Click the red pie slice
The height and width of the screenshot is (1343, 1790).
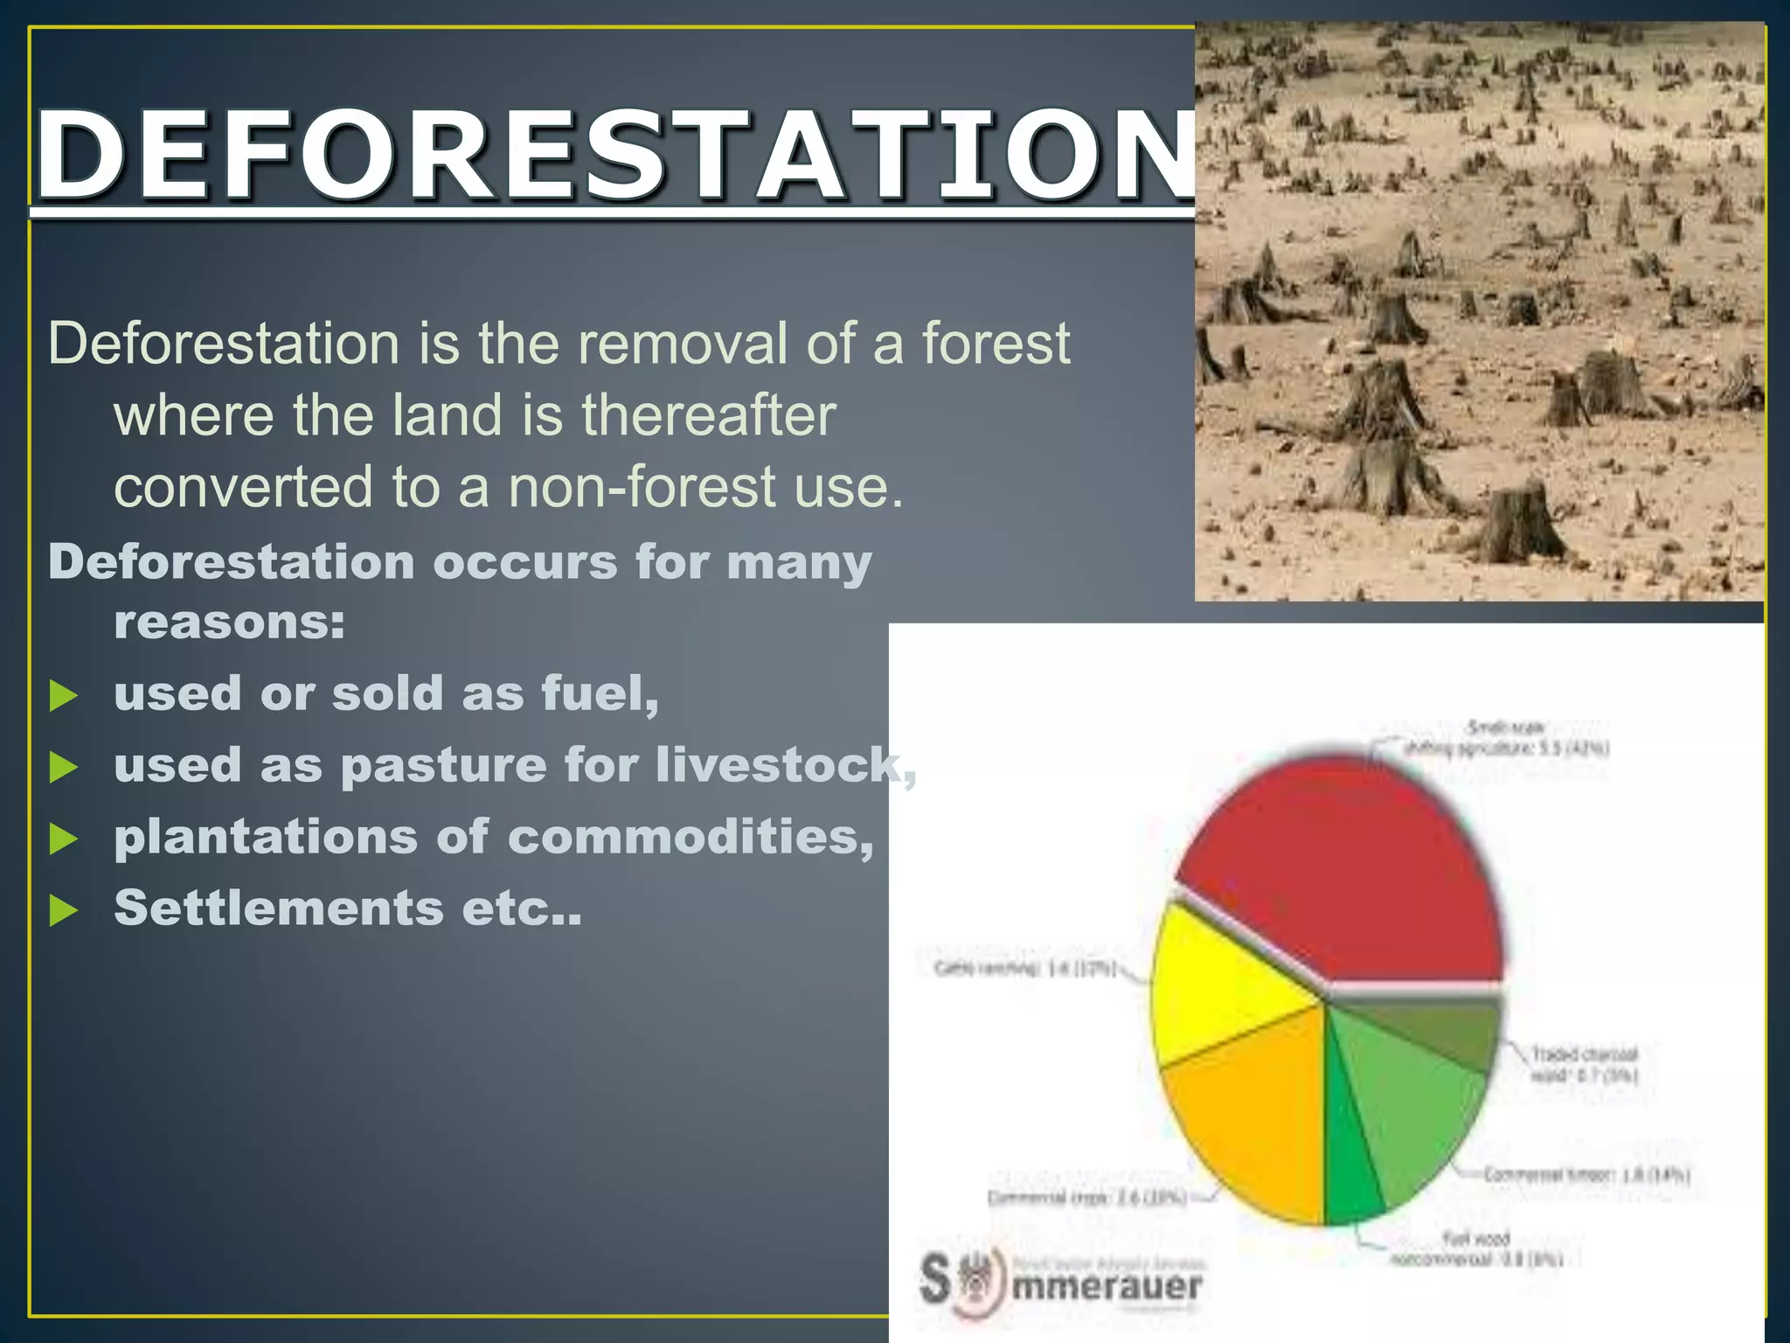[x=1346, y=874]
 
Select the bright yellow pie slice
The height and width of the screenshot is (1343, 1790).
[x=1224, y=988]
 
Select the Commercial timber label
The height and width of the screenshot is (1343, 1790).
[x=1586, y=1175]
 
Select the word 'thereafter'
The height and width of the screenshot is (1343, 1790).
[x=709, y=414]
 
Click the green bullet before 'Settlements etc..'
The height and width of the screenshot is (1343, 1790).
[x=64, y=910]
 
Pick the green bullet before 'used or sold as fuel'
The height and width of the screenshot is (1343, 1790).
[x=64, y=696]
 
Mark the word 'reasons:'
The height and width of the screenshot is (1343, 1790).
[x=229, y=623]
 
